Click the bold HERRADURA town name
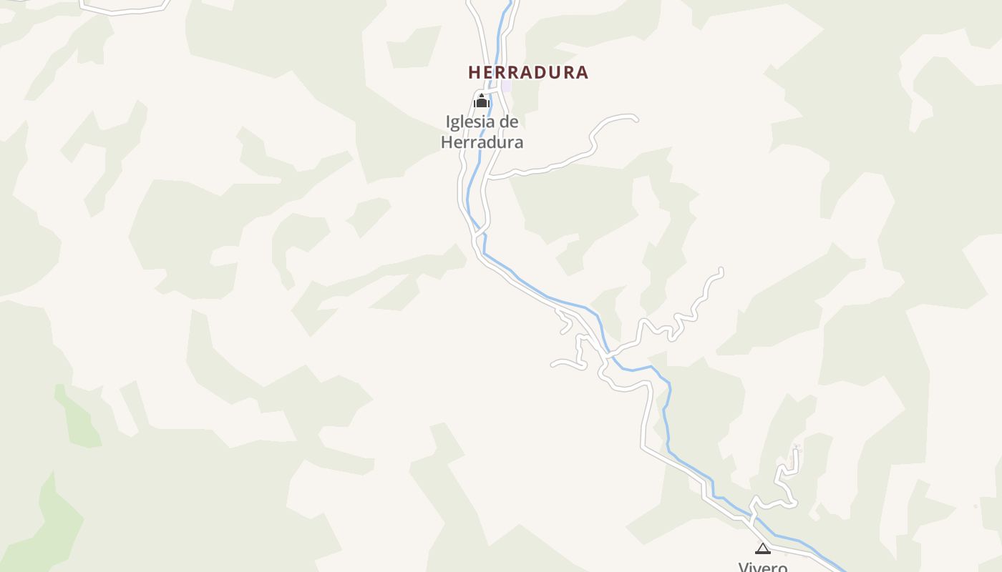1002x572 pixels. point(528,72)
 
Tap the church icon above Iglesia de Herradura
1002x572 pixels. point(481,102)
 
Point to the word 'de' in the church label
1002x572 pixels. point(509,122)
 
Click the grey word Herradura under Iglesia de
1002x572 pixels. point(482,142)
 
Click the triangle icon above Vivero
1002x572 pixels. point(763,549)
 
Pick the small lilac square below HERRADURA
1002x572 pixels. point(507,86)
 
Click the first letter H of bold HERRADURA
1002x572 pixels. point(474,72)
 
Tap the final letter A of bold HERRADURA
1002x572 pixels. point(583,72)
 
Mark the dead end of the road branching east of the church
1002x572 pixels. point(635,119)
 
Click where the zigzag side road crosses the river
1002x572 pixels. point(608,353)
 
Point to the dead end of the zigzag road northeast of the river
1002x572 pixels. point(721,270)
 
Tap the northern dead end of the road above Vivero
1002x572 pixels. point(796,450)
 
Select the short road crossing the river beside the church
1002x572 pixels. point(493,91)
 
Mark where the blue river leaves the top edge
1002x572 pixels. point(511,2)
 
